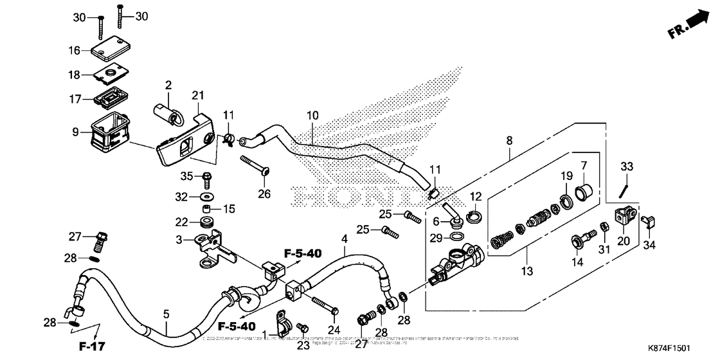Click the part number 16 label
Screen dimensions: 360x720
pos(75,50)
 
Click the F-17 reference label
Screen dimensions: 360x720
pos(91,348)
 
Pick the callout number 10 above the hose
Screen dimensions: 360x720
pos(312,116)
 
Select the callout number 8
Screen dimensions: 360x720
pos(509,139)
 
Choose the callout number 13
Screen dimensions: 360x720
pos(527,273)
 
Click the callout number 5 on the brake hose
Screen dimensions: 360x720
pos(166,314)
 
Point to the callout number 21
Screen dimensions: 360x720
pos(197,96)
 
